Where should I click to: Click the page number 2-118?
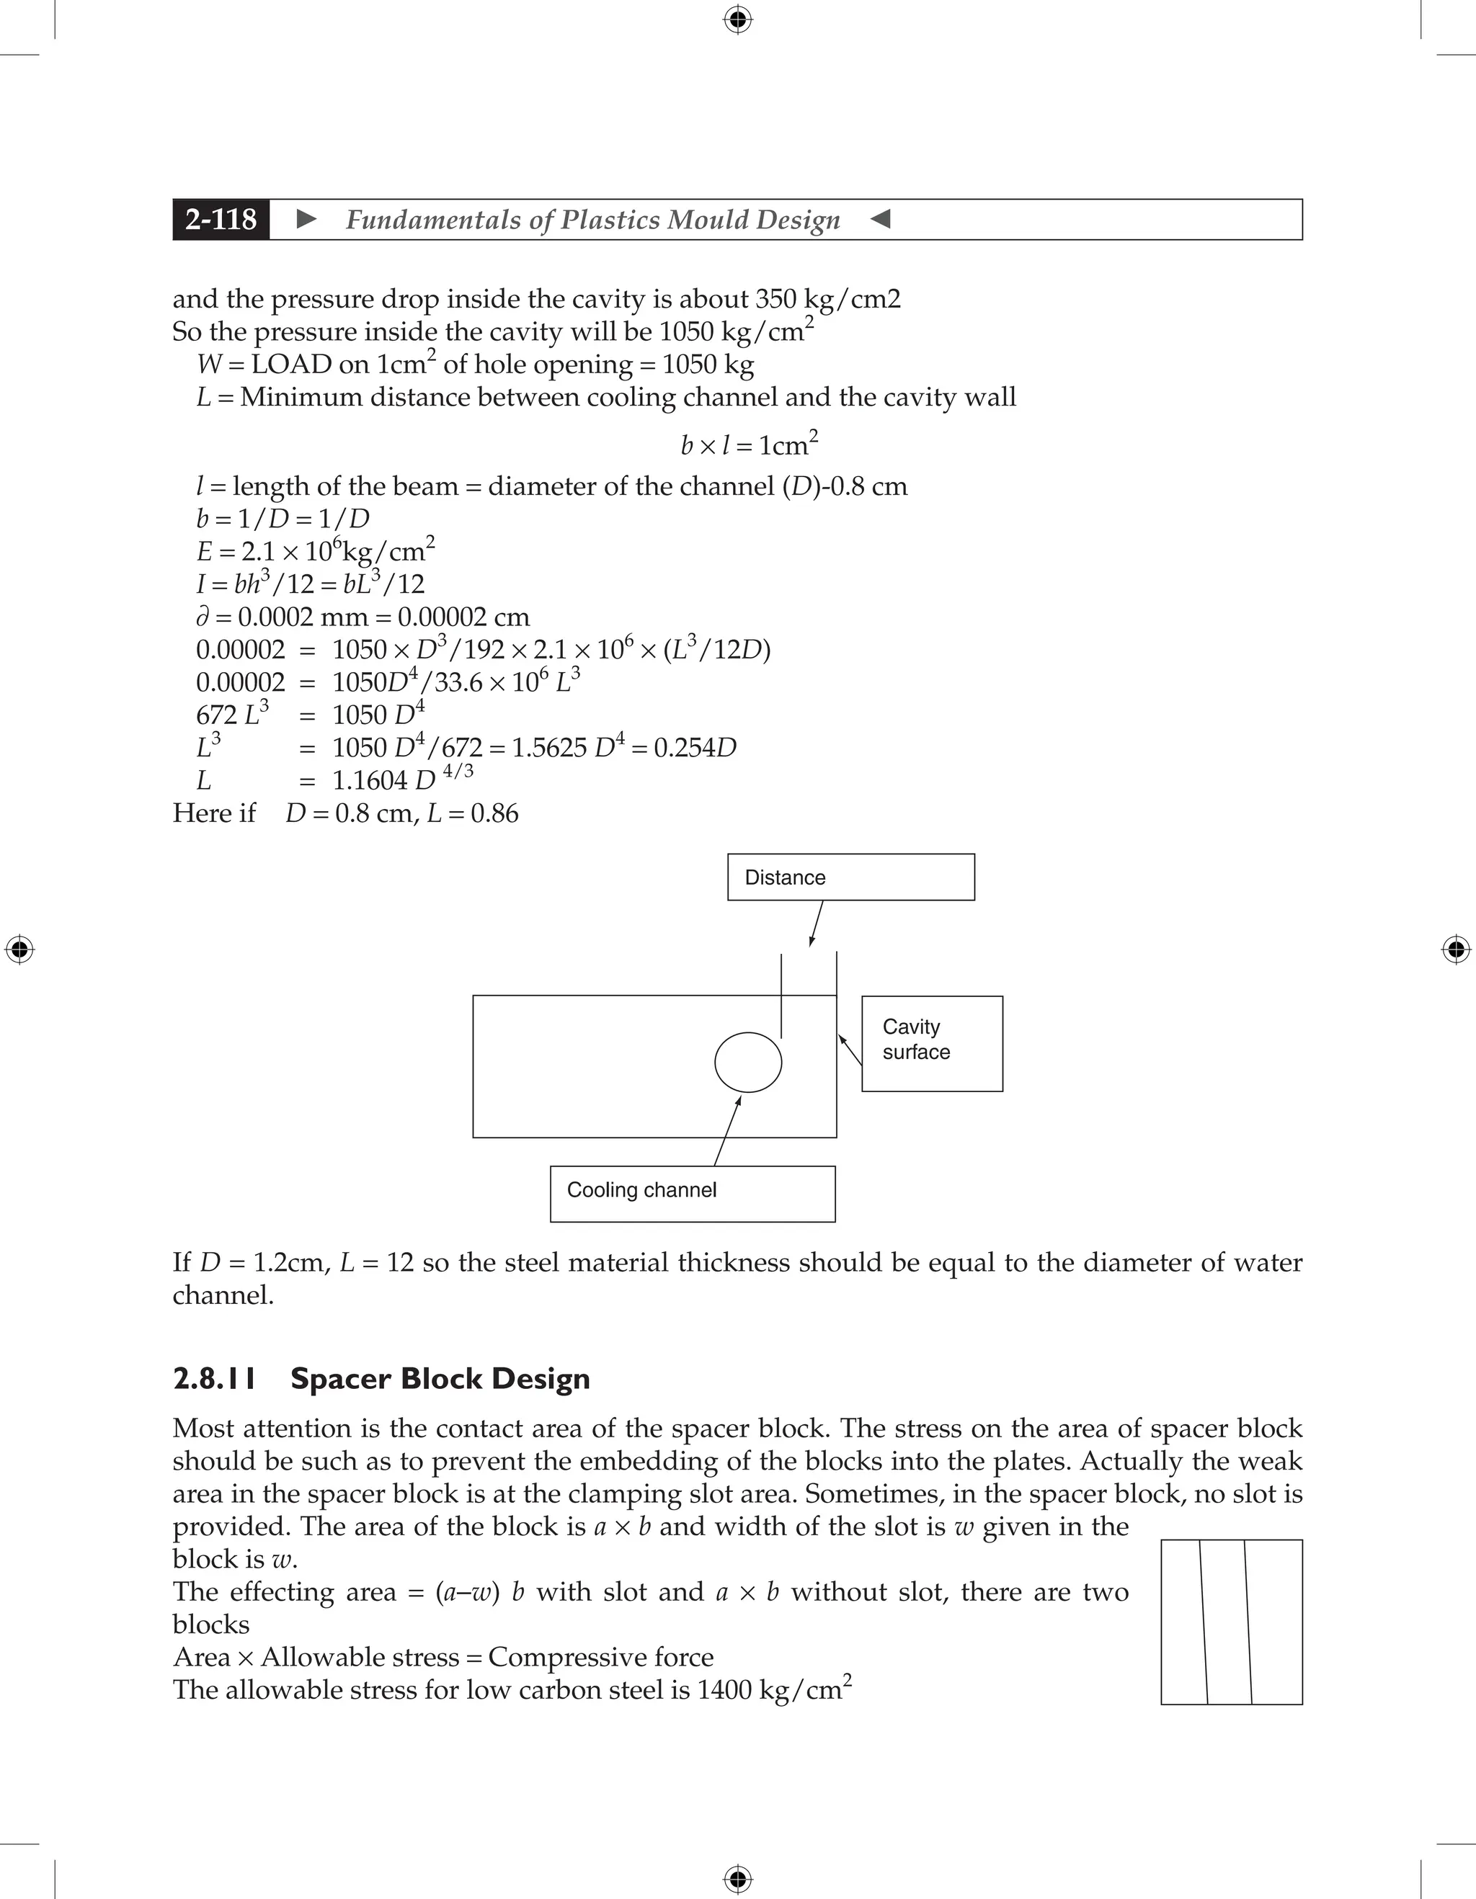click(221, 219)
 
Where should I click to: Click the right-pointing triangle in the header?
click(306, 219)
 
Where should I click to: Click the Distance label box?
click(850, 877)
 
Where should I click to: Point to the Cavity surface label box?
click(932, 1042)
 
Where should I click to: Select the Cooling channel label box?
click(693, 1193)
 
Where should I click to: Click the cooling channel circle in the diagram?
click(748, 1062)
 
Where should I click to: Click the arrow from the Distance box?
click(816, 924)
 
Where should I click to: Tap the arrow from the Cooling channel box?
click(727, 1130)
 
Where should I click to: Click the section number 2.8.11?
click(214, 1379)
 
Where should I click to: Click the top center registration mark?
click(737, 19)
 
